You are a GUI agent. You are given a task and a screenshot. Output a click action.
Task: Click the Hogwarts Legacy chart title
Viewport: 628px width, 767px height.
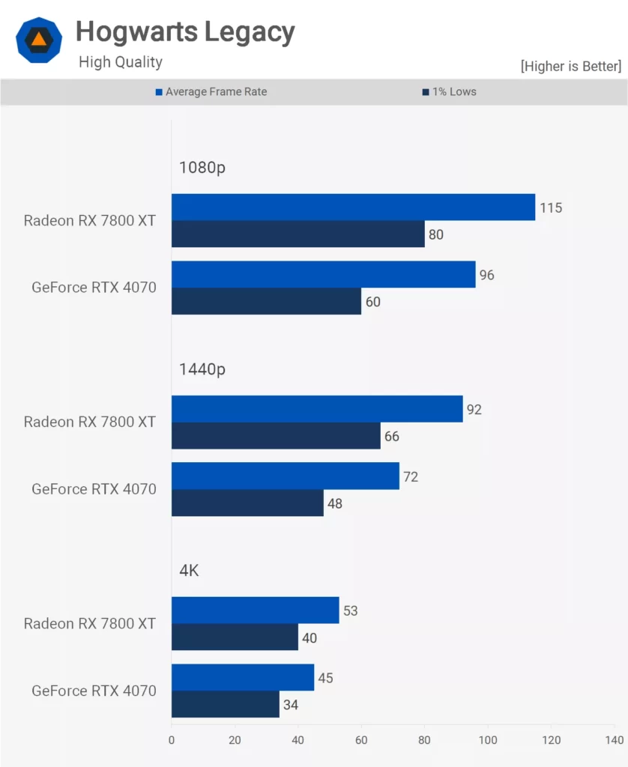coord(185,32)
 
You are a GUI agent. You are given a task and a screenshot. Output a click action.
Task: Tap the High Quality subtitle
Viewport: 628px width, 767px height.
coord(120,62)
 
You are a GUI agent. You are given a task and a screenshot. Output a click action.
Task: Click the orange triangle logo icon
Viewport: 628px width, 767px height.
coord(39,39)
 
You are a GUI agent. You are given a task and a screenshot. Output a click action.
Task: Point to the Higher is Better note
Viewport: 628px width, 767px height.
coord(570,67)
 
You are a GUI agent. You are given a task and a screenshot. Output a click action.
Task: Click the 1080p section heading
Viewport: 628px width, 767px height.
coord(202,167)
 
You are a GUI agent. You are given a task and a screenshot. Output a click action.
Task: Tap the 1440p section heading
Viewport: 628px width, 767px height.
coord(202,369)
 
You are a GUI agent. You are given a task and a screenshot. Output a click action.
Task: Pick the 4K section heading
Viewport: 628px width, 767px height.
coord(189,571)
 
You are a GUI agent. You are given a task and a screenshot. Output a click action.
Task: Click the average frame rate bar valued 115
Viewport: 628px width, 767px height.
coord(353,207)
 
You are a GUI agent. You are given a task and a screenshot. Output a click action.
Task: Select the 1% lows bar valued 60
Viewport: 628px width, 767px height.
coord(266,301)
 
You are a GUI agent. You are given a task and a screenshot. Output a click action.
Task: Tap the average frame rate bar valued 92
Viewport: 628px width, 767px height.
coord(317,409)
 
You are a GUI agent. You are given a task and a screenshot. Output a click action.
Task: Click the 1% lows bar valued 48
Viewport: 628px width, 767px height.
coord(247,503)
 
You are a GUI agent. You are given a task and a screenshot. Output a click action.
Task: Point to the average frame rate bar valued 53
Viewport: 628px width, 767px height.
coord(255,610)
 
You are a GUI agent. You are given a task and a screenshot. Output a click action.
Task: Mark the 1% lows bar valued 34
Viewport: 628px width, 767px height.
coord(226,704)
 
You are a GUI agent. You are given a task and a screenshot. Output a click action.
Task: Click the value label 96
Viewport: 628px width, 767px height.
coord(487,275)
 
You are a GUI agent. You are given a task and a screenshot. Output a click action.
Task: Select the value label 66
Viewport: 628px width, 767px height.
coord(391,436)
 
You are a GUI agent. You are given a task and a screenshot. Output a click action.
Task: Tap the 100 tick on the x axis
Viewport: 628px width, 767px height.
coord(488,740)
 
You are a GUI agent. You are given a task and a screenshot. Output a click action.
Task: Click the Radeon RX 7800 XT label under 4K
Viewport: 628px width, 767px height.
coord(89,623)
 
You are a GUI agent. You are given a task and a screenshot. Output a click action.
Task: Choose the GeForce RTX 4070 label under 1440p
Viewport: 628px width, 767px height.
coord(94,489)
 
